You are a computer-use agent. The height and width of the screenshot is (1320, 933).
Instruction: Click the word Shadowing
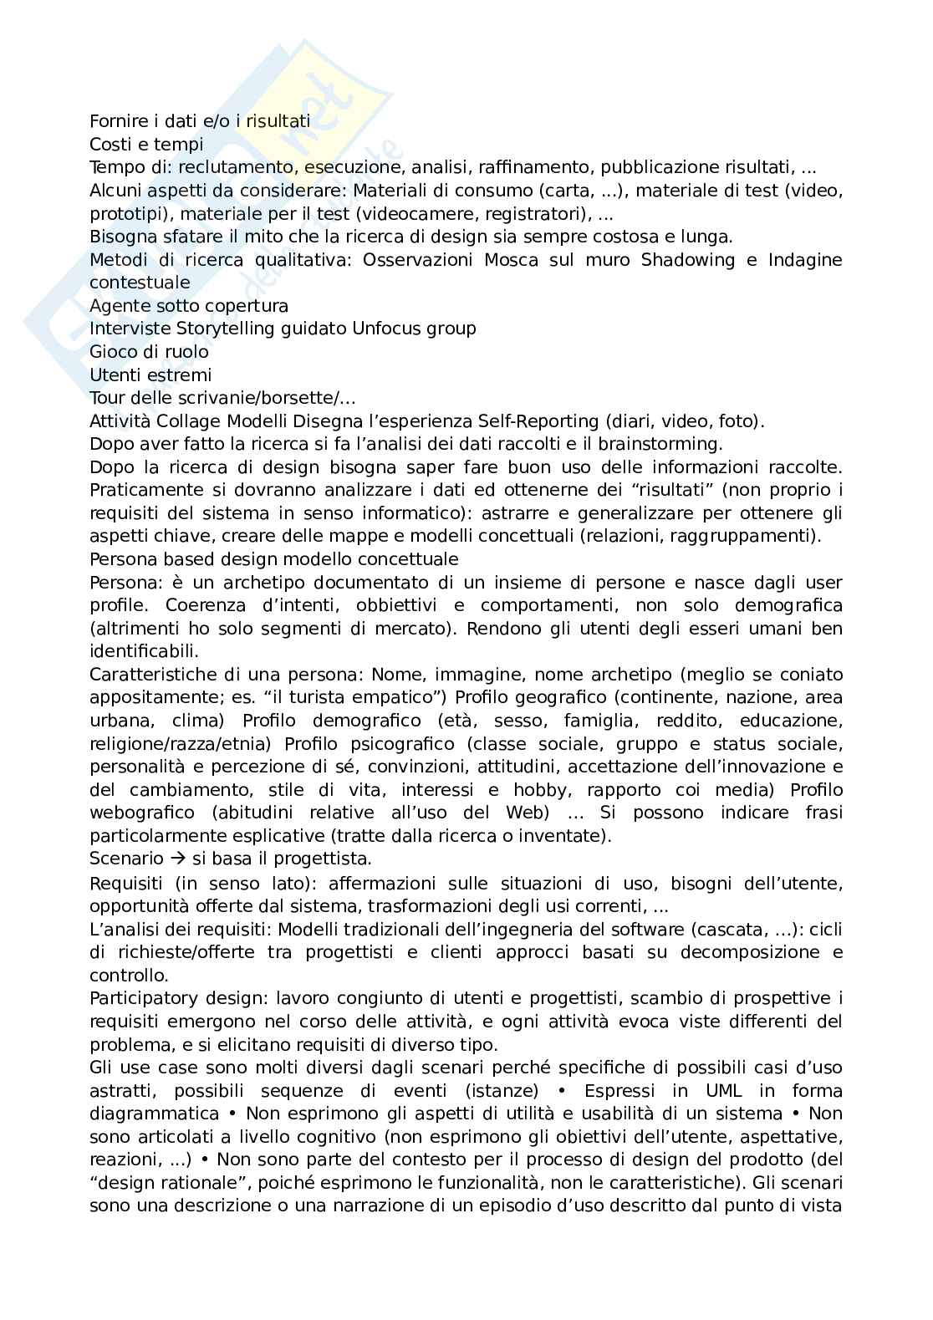click(x=688, y=260)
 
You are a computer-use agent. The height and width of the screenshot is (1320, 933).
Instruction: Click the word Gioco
click(x=113, y=352)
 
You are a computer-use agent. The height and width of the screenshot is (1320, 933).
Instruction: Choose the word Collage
click(x=186, y=420)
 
